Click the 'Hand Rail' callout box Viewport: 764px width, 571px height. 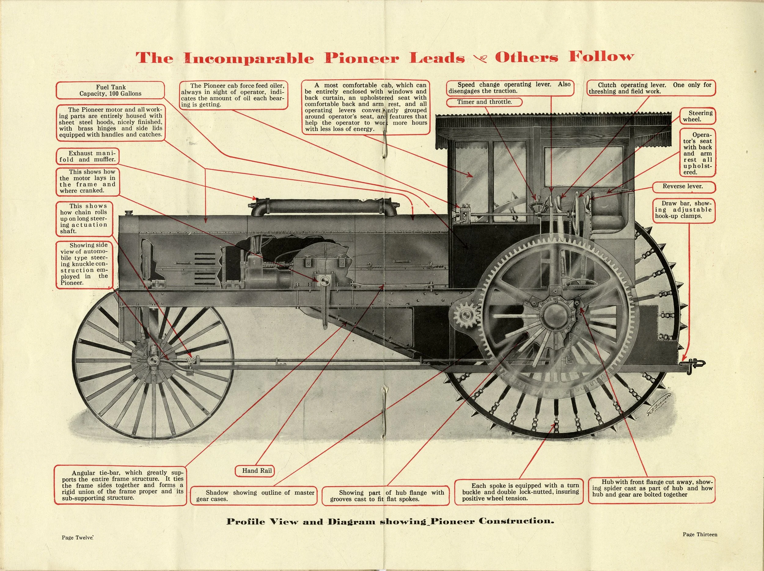point(257,471)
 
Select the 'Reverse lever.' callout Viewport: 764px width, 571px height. point(682,186)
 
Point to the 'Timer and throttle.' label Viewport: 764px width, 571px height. point(484,102)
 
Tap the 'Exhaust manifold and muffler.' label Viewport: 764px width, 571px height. point(87,156)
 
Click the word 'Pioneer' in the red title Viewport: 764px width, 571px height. point(361,58)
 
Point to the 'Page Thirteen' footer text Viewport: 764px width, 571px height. point(700,534)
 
